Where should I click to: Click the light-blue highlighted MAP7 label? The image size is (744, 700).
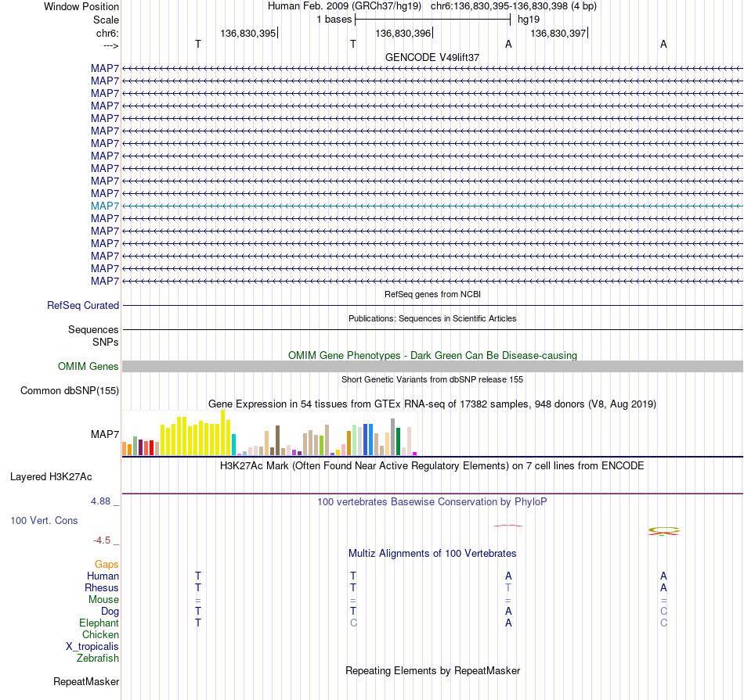pos(105,206)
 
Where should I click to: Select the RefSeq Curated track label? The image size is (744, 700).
pos(83,306)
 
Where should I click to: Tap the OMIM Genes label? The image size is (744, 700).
pos(88,366)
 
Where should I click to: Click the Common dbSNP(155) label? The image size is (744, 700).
pos(70,391)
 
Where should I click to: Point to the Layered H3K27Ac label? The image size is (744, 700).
pos(51,477)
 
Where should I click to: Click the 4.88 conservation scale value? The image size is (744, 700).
pos(100,501)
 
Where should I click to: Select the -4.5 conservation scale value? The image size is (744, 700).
pos(102,540)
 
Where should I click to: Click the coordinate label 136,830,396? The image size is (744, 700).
pos(403,33)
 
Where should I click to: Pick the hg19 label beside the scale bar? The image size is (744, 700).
pos(529,20)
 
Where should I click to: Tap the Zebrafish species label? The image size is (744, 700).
pos(98,659)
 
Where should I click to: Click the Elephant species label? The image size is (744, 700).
pos(99,623)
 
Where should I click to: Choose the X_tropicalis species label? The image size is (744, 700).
pos(92,647)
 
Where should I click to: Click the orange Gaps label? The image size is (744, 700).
pos(107,565)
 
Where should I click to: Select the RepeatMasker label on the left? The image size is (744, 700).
pos(86,682)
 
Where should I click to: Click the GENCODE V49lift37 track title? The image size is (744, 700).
pos(432,57)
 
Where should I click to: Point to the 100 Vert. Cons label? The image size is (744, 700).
pos(44,521)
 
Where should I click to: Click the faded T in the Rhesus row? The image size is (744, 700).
pos(508,587)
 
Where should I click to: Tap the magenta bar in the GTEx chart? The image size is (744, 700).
pos(415,454)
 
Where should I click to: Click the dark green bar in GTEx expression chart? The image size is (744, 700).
pos(398,442)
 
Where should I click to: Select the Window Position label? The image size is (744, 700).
pos(81,6)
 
